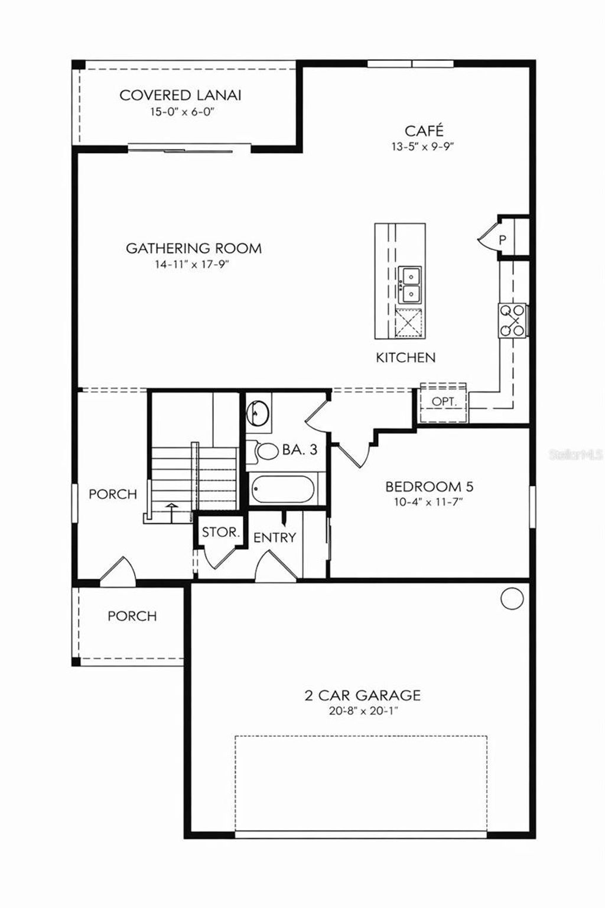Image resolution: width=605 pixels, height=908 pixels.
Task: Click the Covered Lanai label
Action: (x=180, y=95)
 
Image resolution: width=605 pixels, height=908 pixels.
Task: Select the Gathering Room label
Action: (x=193, y=248)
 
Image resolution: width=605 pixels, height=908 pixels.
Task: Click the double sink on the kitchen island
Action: (x=409, y=285)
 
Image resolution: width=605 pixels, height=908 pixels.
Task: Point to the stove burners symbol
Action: (x=512, y=320)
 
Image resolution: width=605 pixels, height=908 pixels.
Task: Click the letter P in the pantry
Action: (x=502, y=240)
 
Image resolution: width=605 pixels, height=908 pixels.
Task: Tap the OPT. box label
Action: (x=444, y=401)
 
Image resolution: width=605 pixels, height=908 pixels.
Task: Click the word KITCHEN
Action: (x=406, y=357)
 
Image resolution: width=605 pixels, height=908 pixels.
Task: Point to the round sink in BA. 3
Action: (x=258, y=413)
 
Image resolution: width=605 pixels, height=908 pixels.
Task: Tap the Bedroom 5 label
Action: (x=429, y=487)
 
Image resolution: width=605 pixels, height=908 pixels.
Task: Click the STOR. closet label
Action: (x=220, y=532)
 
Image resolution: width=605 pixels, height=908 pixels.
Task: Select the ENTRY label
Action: (x=274, y=537)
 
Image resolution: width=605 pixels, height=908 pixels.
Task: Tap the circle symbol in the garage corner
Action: (x=512, y=598)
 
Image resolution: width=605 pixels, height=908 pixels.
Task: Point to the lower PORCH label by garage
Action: (x=132, y=616)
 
